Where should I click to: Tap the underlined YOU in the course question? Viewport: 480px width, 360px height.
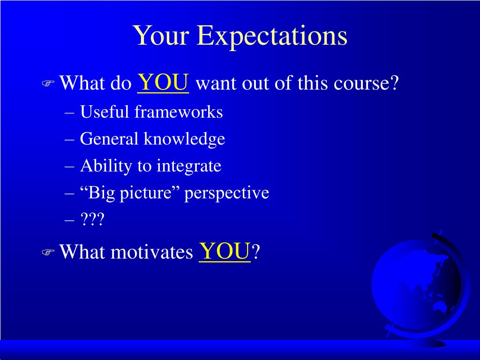(x=163, y=82)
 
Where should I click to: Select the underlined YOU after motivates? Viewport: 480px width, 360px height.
(x=225, y=251)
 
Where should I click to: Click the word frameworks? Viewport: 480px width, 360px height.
(x=179, y=112)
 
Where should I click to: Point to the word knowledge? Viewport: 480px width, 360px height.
(x=184, y=139)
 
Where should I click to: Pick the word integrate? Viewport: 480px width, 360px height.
(x=189, y=166)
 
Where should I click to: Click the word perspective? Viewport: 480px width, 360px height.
(x=226, y=193)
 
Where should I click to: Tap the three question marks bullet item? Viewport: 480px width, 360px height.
(x=92, y=219)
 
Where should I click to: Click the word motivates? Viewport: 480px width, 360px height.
(x=152, y=252)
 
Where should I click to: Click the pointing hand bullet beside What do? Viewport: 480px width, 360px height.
(x=48, y=83)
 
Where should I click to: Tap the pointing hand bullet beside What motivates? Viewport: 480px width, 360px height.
(x=48, y=252)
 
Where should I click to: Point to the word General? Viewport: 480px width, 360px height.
(x=109, y=139)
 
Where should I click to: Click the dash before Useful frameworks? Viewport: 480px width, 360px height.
(x=69, y=113)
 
